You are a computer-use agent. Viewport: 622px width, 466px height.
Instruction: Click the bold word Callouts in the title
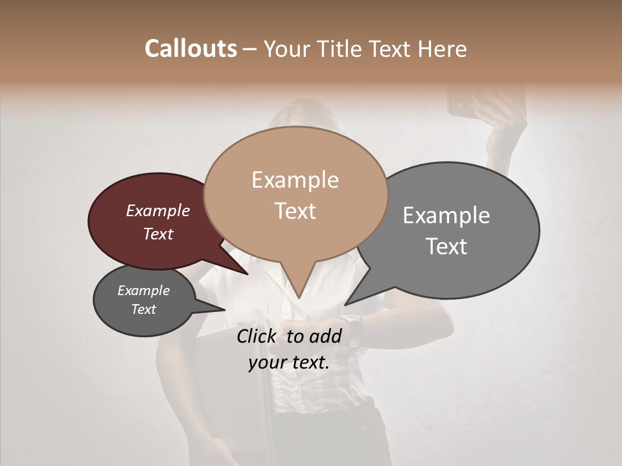tap(190, 49)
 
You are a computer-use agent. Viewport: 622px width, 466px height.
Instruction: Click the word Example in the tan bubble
tap(295, 180)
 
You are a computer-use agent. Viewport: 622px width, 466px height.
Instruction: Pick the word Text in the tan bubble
tap(295, 211)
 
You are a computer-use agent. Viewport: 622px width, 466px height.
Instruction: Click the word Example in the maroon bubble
tap(157, 210)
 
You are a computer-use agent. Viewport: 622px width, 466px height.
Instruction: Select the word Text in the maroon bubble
tap(157, 234)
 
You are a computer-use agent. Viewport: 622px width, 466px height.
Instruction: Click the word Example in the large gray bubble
tap(446, 216)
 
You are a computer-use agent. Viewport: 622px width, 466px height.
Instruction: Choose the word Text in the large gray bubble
tap(446, 247)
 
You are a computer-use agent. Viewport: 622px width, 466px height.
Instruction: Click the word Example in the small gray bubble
tap(143, 291)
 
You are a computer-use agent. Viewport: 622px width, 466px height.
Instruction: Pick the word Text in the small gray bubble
tap(143, 309)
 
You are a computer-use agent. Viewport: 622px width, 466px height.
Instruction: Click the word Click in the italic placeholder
tap(257, 336)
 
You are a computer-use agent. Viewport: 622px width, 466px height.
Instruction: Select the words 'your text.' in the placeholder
tap(288, 362)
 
